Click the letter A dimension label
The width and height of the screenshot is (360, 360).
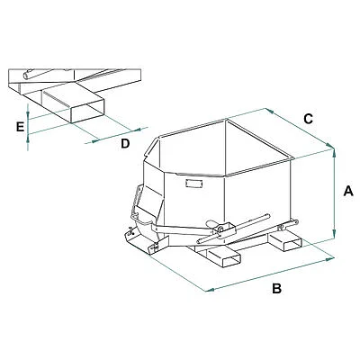[348, 191]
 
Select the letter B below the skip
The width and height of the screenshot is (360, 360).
[276, 288]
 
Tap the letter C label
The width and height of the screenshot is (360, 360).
[309, 119]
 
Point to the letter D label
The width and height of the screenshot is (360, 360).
[125, 144]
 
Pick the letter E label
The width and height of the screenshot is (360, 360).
[20, 127]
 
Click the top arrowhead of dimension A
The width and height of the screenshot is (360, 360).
[335, 151]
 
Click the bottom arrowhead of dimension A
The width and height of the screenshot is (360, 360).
[335, 234]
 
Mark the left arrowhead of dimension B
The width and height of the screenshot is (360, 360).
[209, 290]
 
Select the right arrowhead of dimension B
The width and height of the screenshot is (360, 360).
[330, 259]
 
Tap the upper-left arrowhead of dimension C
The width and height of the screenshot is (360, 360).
[269, 111]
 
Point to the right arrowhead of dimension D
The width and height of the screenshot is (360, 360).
[138, 130]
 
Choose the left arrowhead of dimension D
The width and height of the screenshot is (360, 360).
[94, 140]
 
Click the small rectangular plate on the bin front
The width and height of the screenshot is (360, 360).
[193, 184]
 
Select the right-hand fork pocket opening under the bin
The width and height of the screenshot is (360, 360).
[292, 245]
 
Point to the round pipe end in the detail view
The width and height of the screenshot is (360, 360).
[27, 76]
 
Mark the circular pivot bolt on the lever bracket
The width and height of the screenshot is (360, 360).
[220, 229]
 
